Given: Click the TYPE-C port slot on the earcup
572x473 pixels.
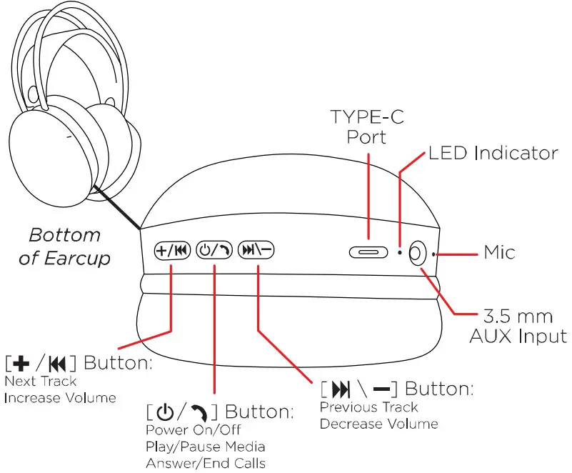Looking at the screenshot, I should [369, 252].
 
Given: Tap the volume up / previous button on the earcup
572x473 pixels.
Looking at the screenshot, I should [171, 251].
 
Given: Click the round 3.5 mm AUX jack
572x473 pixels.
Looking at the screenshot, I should [418, 252].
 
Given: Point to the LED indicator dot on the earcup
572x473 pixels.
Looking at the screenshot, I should [400, 253].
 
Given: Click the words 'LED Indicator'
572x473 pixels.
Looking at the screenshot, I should [493, 153].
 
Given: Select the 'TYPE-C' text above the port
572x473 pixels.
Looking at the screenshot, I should [367, 116].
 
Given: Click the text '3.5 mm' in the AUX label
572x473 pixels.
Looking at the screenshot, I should [518, 316].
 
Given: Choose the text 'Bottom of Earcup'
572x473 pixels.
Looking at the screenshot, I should [64, 247].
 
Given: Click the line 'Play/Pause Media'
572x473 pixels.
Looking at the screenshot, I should [206, 447].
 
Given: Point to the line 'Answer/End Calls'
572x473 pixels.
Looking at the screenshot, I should [206, 463].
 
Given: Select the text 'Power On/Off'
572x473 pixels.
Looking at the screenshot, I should [194, 430].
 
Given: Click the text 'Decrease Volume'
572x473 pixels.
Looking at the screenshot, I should [378, 424].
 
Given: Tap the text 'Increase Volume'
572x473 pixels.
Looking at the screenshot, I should [60, 398].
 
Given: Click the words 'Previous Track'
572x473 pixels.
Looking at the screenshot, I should [369, 407].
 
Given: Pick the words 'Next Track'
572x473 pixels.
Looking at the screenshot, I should [40, 382].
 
